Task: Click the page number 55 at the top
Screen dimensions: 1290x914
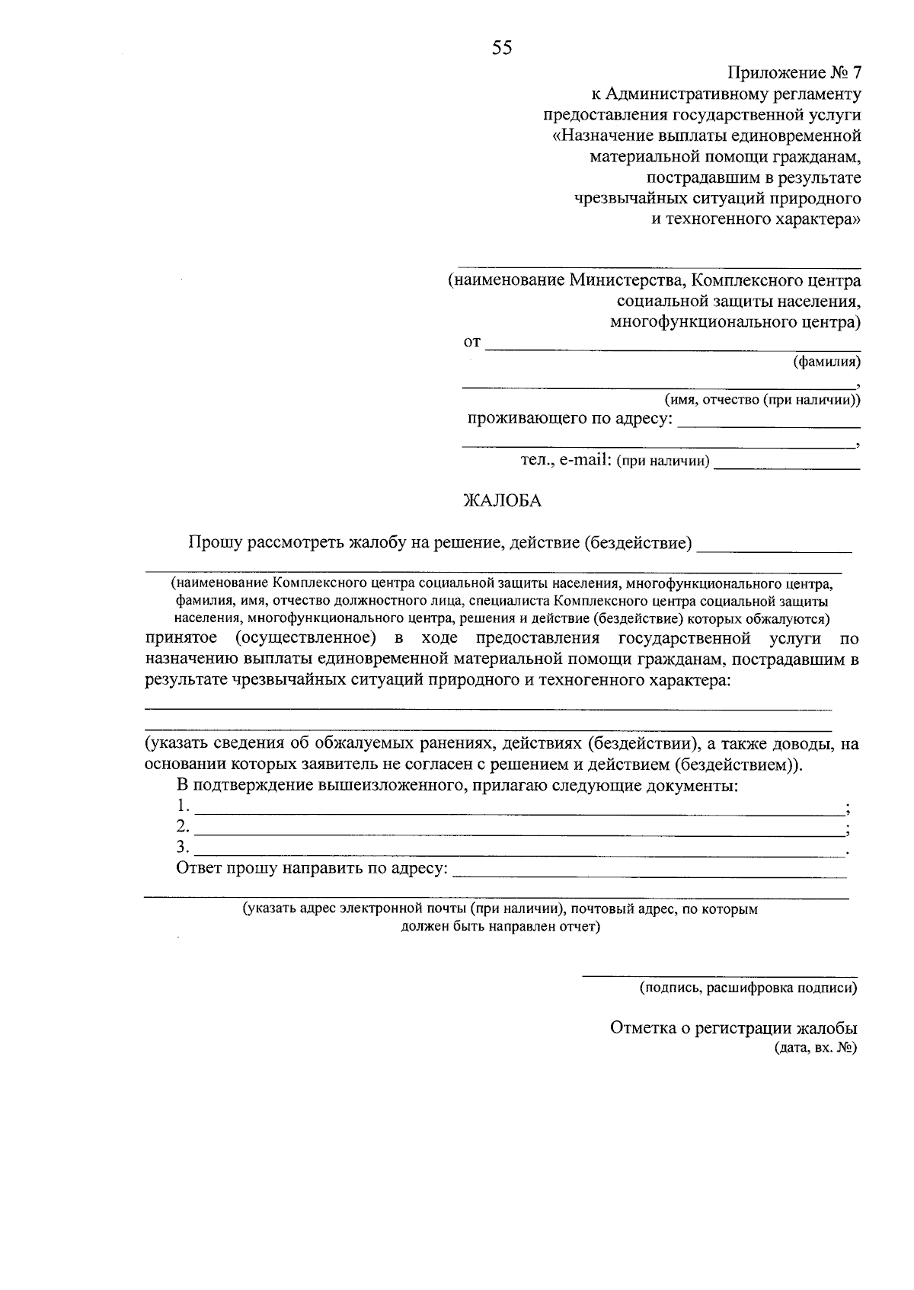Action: [502, 49]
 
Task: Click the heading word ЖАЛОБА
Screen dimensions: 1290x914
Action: [503, 500]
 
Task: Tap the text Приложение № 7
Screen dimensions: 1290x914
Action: [794, 73]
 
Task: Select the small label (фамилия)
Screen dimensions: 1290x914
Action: [826, 361]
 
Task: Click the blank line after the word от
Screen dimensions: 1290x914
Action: [673, 348]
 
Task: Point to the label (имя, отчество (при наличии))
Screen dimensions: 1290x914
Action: [762, 400]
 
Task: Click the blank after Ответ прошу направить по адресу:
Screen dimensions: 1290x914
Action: [649, 875]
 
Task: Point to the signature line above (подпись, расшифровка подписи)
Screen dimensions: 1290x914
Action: [719, 974]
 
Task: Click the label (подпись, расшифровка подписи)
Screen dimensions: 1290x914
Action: [747, 988]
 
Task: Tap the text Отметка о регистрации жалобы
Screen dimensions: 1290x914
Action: [733, 1028]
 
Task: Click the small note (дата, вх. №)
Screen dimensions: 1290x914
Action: [815, 1048]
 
